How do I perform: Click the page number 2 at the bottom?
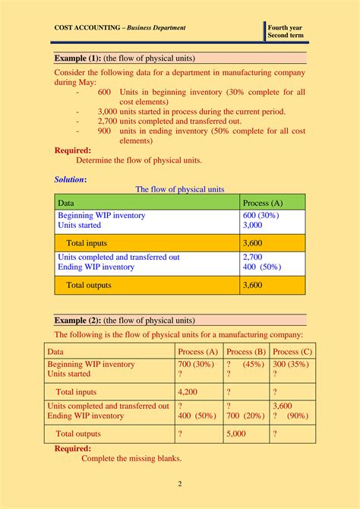(x=180, y=484)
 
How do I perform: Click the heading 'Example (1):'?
(x=79, y=58)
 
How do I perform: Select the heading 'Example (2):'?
(x=79, y=320)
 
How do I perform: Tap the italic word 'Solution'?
(x=70, y=179)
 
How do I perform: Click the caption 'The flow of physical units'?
(x=179, y=189)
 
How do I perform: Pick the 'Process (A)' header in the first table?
(x=262, y=203)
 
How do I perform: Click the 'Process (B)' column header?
(x=245, y=352)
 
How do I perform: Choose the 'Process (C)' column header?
(x=292, y=352)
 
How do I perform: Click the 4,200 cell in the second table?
(x=188, y=392)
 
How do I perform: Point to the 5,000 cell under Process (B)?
(x=237, y=434)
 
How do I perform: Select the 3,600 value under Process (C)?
(x=283, y=406)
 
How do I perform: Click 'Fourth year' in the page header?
(x=285, y=28)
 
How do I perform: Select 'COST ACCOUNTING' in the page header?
(x=87, y=28)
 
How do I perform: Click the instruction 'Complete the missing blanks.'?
(x=131, y=458)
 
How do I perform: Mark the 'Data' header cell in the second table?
(x=55, y=352)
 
